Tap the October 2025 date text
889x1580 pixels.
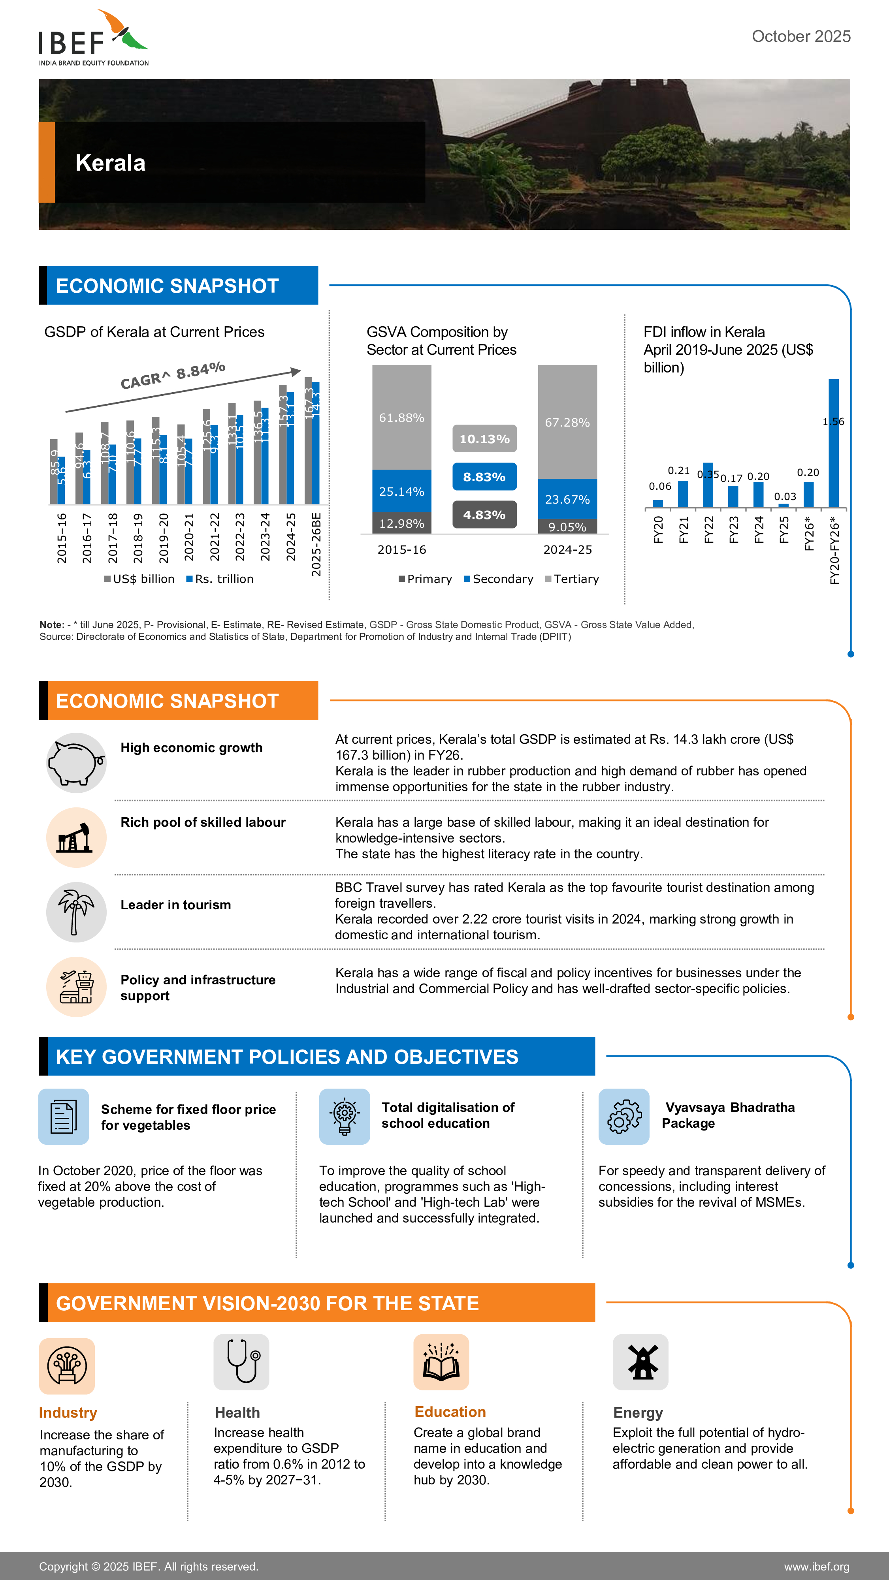pyautogui.click(x=800, y=37)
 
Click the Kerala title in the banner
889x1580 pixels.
pyautogui.click(x=111, y=163)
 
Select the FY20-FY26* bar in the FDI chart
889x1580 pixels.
pyautogui.click(x=833, y=443)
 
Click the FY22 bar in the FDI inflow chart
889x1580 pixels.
pyautogui.click(x=708, y=485)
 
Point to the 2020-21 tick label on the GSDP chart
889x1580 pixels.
pyautogui.click(x=189, y=537)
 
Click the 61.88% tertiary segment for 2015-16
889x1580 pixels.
pyautogui.click(x=401, y=418)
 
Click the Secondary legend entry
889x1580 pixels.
pyautogui.click(x=498, y=579)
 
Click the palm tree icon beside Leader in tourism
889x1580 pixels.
pyautogui.click(x=76, y=912)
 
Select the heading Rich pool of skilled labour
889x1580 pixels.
pyautogui.click(x=202, y=822)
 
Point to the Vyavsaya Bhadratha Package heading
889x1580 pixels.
pyautogui.click(x=729, y=1115)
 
